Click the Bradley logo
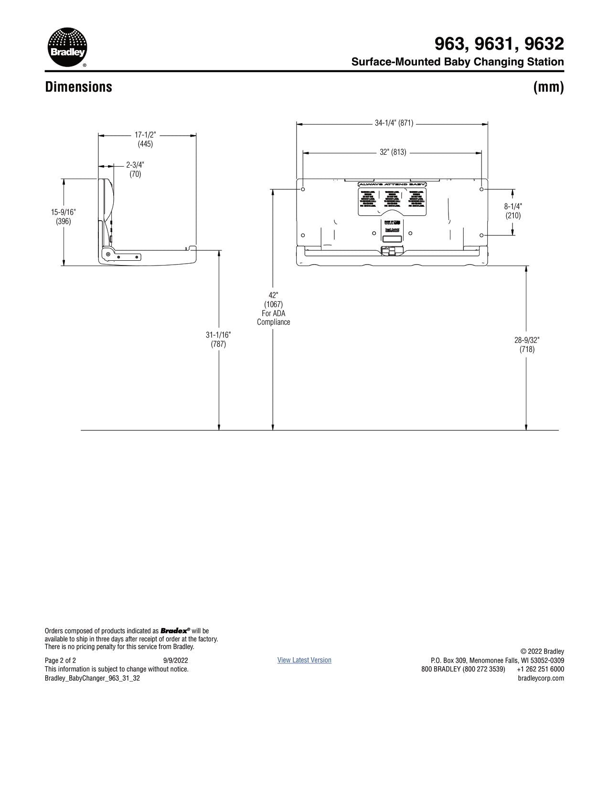click(x=67, y=47)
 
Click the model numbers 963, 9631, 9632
click(x=499, y=44)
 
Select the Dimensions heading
click(x=78, y=87)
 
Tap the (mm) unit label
click(x=548, y=87)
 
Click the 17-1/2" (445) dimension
click(x=145, y=139)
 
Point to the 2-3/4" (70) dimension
click(x=135, y=170)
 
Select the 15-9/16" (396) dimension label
click(x=64, y=216)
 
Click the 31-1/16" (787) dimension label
click(x=218, y=339)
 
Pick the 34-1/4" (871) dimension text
click(x=394, y=123)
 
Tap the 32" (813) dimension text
click(x=393, y=152)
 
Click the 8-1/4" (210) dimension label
click(x=513, y=211)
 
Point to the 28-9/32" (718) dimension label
click(x=527, y=344)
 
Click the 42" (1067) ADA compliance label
click(x=273, y=309)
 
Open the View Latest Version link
click(x=304, y=660)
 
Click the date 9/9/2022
click(x=176, y=660)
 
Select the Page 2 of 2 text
click(x=60, y=660)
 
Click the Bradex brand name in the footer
click(x=175, y=631)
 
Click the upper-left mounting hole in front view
click(x=303, y=189)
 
